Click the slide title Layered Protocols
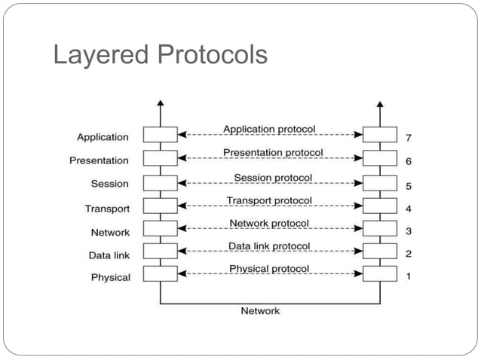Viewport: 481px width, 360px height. pyautogui.click(x=160, y=54)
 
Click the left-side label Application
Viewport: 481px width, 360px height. pyautogui.click(x=103, y=137)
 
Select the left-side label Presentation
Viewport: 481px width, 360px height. pyautogui.click(x=99, y=160)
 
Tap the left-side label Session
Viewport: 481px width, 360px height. pyautogui.click(x=110, y=184)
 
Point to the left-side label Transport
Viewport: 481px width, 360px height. pyautogui.click(x=107, y=209)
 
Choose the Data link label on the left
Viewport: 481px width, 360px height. pyautogui.click(x=109, y=255)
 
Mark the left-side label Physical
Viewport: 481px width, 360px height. pyautogui.click(x=110, y=277)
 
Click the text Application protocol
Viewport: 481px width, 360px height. pyautogui.click(x=269, y=130)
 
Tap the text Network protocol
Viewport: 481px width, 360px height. pyautogui.click(x=269, y=224)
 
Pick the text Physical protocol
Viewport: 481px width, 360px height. pyautogui.click(x=269, y=269)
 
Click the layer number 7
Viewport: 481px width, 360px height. pyautogui.click(x=408, y=137)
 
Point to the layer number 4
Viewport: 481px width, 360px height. pyautogui.click(x=408, y=208)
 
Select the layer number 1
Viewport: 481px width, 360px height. pyautogui.click(x=408, y=276)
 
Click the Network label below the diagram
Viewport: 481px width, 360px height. pyautogui.click(x=260, y=310)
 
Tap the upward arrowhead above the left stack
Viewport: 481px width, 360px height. pyautogui.click(x=160, y=103)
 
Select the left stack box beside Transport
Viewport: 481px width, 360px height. pyautogui.click(x=160, y=206)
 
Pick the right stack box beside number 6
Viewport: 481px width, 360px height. pyautogui.click(x=379, y=158)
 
